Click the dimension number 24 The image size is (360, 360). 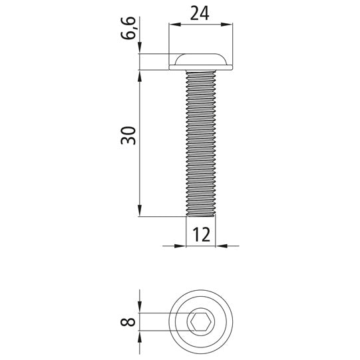(x=200, y=13)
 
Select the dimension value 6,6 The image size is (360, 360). (x=128, y=28)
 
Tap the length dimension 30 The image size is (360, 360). (x=128, y=135)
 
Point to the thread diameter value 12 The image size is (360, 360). (x=202, y=235)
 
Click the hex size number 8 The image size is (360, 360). (x=128, y=322)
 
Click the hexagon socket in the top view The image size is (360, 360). (x=201, y=321)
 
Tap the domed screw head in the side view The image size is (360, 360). (x=201, y=59)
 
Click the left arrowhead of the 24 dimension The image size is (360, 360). (x=175, y=25)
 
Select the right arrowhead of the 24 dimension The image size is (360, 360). (x=226, y=25)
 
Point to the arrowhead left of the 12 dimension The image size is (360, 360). (x=180, y=246)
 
